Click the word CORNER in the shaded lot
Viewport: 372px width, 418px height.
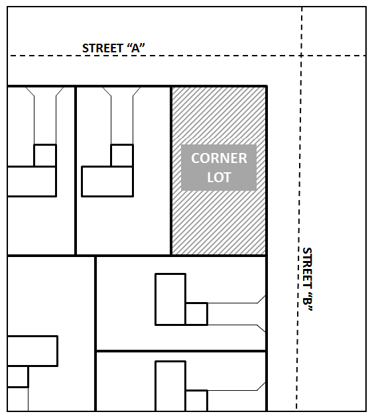tap(219, 158)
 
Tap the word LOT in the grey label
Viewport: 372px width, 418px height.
tap(219, 178)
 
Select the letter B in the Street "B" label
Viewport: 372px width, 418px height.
tap(307, 301)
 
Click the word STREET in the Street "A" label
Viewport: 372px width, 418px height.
tap(102, 48)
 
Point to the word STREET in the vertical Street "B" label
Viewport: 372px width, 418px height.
tap(307, 268)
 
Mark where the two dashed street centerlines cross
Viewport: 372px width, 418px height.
tap(301, 56)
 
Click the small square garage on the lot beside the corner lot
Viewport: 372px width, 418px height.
tap(122, 156)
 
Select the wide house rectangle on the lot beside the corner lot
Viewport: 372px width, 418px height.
tap(107, 182)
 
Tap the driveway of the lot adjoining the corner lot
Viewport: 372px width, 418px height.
tap(122, 116)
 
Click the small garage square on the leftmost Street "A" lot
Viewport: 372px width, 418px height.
tap(45, 156)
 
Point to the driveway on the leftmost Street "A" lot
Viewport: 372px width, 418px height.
tap(45, 116)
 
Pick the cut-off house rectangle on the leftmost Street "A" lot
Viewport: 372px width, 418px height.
tap(32, 182)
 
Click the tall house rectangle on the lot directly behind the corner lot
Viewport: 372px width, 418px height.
tap(170, 299)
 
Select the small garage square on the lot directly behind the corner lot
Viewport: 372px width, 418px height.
tap(197, 314)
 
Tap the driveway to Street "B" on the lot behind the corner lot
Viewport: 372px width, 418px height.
tap(237, 314)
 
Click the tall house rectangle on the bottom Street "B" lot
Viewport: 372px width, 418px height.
tap(170, 386)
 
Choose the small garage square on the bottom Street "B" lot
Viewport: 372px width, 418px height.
tap(197, 401)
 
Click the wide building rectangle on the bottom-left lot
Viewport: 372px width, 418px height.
tap(32, 351)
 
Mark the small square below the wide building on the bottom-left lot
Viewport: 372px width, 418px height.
tap(18, 376)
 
